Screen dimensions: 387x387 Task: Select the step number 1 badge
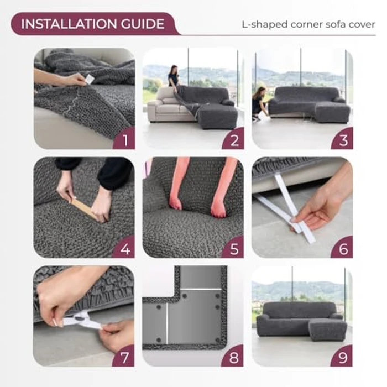[x=125, y=140]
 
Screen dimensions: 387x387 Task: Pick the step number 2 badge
[x=234, y=140]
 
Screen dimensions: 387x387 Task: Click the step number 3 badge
[x=343, y=140]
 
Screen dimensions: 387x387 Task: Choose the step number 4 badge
[x=125, y=249]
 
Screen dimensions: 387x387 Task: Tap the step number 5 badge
[x=234, y=249]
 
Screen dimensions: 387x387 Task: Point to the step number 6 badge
[x=343, y=249]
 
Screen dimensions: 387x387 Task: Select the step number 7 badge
[x=125, y=357]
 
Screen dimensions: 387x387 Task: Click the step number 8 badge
[x=234, y=357]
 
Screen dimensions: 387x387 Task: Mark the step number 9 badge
[x=343, y=357]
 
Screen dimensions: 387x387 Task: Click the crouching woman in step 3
[x=259, y=103]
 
